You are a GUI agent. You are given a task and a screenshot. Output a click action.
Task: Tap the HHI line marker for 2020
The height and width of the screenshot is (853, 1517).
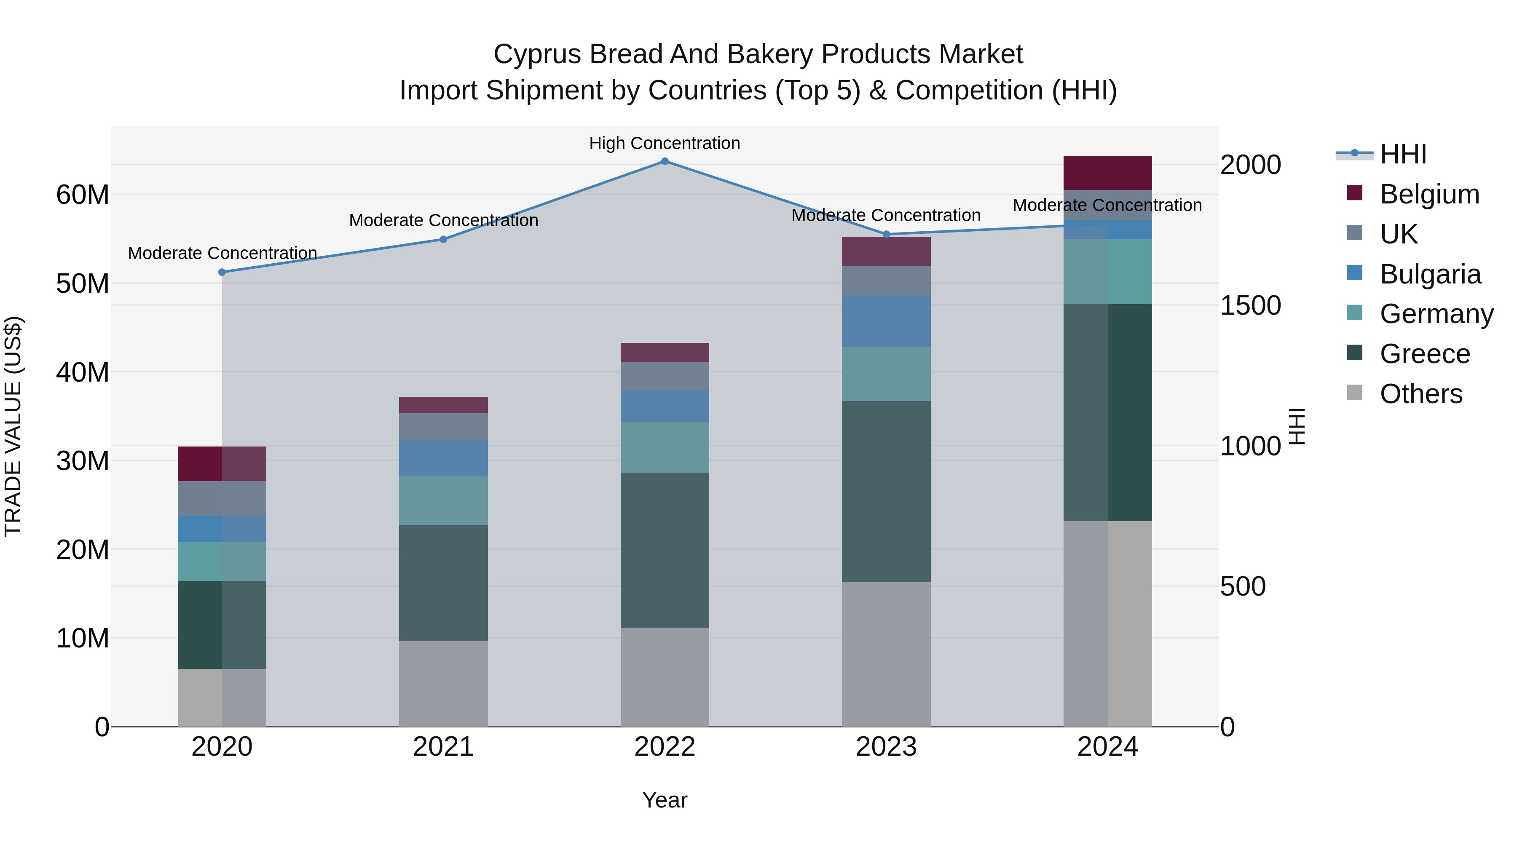point(222,272)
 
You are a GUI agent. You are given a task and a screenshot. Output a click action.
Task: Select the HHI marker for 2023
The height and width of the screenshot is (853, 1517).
point(886,234)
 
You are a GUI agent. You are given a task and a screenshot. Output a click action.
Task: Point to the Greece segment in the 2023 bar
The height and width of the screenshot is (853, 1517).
point(886,492)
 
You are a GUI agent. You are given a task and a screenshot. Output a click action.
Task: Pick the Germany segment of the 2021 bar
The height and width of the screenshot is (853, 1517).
point(443,500)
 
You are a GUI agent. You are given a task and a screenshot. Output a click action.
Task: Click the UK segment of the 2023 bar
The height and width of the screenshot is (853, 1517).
point(886,280)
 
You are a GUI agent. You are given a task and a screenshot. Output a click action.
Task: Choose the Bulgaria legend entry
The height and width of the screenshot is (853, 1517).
point(1430,274)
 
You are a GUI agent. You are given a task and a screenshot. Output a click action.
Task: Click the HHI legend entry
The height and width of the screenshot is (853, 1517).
point(1403,154)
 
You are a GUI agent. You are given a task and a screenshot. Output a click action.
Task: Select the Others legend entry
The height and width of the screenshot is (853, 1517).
point(1421,394)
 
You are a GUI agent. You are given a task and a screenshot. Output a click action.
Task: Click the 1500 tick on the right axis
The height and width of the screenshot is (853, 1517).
point(1250,305)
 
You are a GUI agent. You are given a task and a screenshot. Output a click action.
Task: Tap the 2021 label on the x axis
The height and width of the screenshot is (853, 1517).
point(443,747)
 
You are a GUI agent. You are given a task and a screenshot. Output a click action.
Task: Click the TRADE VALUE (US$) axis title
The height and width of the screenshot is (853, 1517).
point(13,426)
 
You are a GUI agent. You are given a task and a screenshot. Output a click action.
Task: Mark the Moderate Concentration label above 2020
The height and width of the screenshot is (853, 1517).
point(222,253)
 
